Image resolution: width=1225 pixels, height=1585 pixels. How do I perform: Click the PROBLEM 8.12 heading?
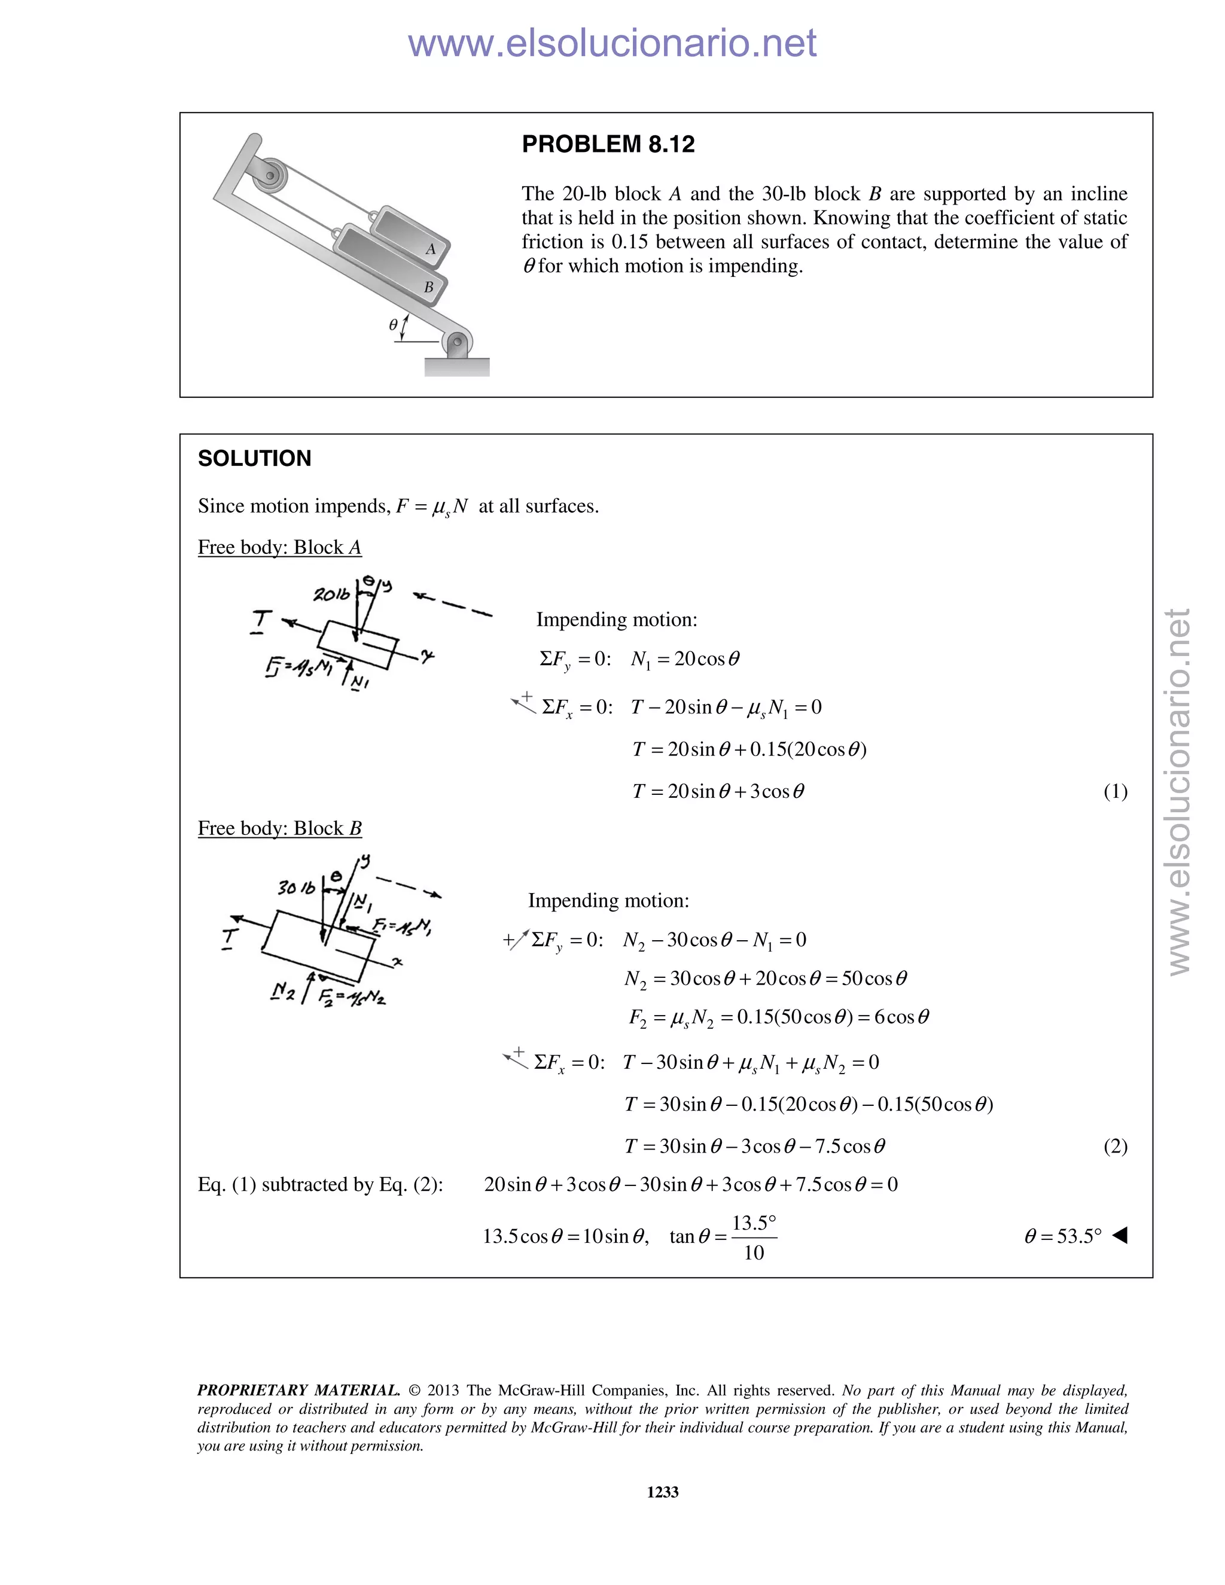[608, 144]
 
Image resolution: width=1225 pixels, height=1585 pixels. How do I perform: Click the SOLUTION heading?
[254, 459]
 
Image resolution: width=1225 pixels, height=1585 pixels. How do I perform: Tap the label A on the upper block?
[430, 249]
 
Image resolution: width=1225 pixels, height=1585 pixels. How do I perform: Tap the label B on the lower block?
[428, 287]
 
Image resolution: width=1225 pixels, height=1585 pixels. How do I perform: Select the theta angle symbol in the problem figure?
[392, 325]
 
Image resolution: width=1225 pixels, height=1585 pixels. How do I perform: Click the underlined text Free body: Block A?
[279, 547]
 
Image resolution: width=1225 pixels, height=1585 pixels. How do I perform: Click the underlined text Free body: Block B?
[279, 828]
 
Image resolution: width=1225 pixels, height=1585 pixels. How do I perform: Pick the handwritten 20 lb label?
[331, 595]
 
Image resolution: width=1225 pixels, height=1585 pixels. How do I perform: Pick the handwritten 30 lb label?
[296, 887]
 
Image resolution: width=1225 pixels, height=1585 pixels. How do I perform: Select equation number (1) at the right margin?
[1115, 791]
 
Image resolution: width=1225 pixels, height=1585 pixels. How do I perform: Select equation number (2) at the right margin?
[1115, 1146]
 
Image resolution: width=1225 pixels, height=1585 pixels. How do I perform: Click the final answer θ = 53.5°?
[1062, 1236]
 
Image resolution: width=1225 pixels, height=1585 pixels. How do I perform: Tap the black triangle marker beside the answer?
[1120, 1235]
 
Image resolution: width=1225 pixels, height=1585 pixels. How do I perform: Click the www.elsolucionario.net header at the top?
[612, 43]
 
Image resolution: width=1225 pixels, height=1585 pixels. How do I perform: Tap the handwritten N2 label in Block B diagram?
[282, 990]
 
